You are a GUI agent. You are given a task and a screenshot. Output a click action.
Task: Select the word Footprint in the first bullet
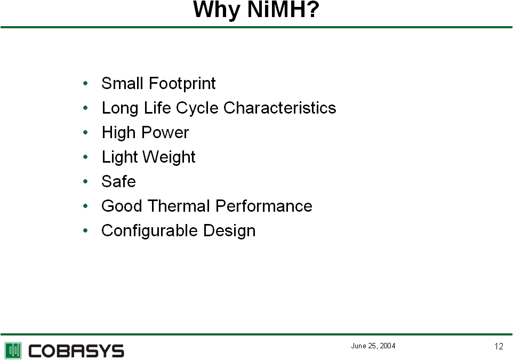(x=182, y=83)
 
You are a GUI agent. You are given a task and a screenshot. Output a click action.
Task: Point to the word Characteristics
(x=280, y=108)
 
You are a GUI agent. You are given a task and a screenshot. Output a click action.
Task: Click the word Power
(x=165, y=133)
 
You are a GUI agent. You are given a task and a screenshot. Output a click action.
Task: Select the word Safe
(x=118, y=181)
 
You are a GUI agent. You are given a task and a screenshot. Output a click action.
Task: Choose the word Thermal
(x=179, y=206)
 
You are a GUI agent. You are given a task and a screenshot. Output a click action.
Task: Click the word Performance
(x=263, y=206)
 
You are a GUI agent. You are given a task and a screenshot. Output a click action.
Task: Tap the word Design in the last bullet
(x=229, y=231)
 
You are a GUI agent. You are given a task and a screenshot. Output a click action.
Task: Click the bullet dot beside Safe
(x=86, y=181)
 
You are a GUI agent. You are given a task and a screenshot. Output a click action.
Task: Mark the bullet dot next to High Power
(x=86, y=132)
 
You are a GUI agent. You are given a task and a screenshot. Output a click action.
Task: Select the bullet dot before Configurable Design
(x=86, y=230)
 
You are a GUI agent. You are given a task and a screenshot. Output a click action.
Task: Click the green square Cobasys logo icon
(x=13, y=350)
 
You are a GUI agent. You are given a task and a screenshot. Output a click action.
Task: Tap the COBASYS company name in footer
(x=76, y=351)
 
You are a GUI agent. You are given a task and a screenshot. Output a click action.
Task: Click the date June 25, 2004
(x=373, y=346)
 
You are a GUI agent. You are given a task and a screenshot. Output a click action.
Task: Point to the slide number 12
(x=499, y=346)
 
